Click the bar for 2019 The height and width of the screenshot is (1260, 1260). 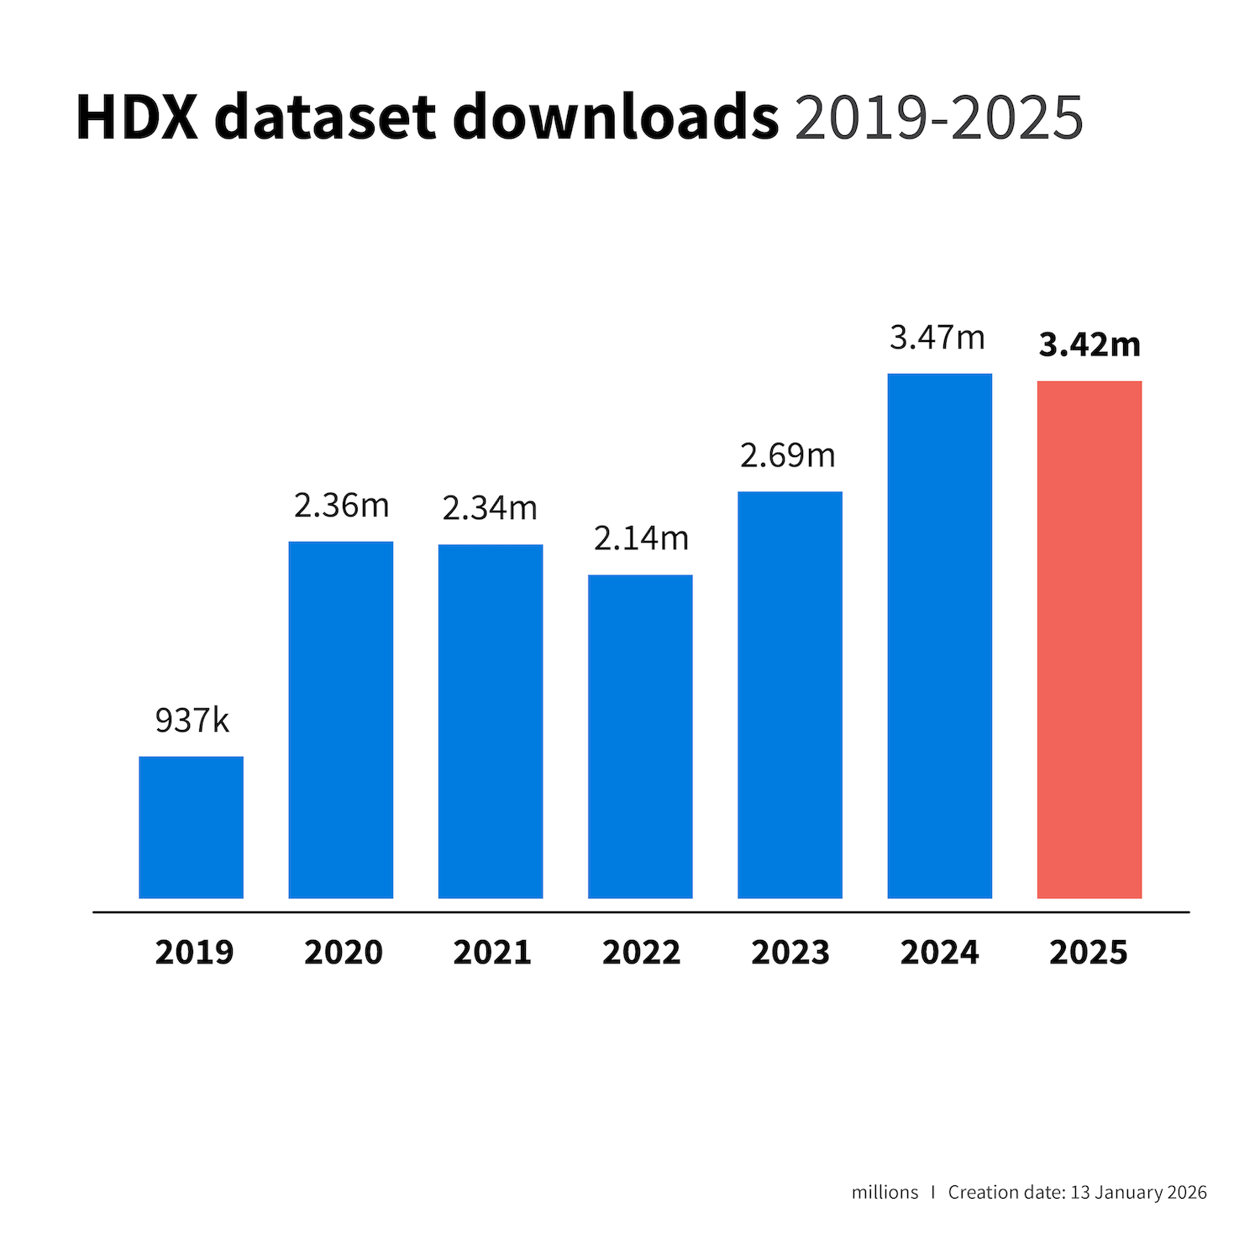192,827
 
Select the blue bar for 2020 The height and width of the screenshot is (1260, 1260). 341,720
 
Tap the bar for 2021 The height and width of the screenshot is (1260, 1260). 491,722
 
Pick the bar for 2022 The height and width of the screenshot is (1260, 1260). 640,737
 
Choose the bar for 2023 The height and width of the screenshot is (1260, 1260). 790,695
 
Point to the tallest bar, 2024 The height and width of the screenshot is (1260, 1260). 939,636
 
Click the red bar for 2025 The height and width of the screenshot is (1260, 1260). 1089,640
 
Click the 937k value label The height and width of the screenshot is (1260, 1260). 192,721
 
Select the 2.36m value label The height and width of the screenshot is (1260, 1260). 342,506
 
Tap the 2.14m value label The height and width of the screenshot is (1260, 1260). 641,538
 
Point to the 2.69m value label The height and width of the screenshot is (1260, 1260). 788,455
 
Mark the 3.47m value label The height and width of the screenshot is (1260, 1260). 937,338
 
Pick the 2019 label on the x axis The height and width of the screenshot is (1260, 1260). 194,953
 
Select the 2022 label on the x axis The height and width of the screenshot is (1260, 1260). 642,953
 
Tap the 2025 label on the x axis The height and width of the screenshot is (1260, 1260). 1089,953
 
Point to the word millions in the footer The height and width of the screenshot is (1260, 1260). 885,1193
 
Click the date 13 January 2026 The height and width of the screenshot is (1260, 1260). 1138,1193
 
